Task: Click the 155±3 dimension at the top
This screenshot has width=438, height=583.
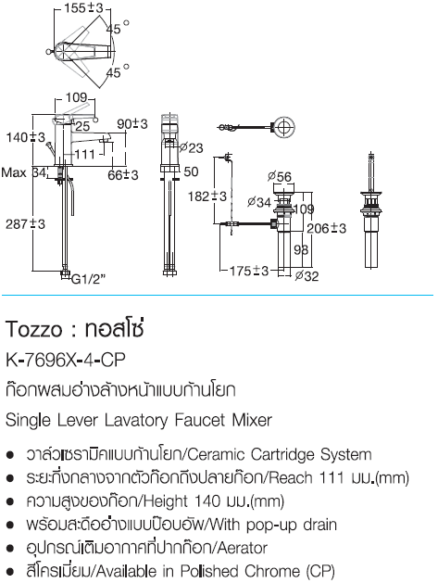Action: tap(83, 7)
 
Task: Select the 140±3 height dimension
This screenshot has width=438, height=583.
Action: tap(25, 137)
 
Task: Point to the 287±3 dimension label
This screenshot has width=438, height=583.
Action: tap(25, 224)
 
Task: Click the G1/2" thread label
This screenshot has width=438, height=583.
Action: tap(88, 279)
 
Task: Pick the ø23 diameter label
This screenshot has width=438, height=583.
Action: tap(191, 147)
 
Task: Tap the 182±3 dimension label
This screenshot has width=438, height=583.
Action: tap(206, 196)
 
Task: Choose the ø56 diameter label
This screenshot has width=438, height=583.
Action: tap(280, 177)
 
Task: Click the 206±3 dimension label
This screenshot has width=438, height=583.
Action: tap(326, 228)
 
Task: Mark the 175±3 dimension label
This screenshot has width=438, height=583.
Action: tap(248, 271)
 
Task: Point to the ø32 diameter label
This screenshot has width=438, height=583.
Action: tap(307, 276)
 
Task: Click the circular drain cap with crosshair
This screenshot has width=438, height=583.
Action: tap(284, 126)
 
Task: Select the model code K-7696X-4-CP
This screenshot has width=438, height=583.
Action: tap(66, 360)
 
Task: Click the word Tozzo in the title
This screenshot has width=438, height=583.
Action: tap(34, 329)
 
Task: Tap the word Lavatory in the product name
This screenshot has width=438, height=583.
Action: tap(136, 421)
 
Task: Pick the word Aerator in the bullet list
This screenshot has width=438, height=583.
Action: tap(243, 548)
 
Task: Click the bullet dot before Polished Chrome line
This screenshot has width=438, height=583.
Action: tap(10, 571)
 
